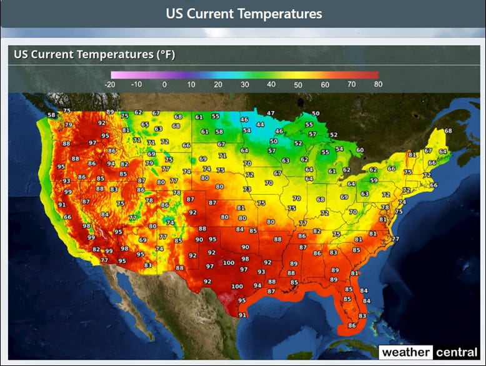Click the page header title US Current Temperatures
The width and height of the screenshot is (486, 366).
[244, 13]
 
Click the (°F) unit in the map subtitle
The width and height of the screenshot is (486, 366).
[164, 55]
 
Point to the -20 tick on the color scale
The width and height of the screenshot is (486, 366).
[110, 84]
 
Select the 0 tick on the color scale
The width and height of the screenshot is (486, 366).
[164, 84]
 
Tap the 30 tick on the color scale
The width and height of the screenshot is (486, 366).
[245, 84]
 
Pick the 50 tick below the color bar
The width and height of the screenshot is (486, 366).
[298, 84]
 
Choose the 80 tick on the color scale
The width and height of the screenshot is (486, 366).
[377, 84]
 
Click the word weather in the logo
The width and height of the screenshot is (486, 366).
[405, 352]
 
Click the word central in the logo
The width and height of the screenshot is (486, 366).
[457, 352]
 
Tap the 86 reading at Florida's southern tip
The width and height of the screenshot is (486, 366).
[352, 325]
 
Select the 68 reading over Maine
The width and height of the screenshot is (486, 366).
[448, 131]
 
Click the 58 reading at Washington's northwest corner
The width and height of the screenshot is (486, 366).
[51, 115]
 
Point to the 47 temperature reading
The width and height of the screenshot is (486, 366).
[270, 113]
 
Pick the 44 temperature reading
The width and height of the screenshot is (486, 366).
[260, 124]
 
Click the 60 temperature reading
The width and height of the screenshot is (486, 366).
[360, 150]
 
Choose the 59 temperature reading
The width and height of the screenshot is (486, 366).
[374, 181]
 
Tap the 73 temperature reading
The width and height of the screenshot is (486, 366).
[247, 189]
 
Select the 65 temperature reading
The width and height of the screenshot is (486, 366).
[145, 124]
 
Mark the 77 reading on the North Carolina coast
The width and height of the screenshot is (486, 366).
[395, 239]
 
